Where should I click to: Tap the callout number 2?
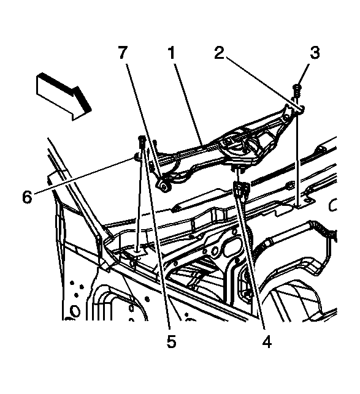point(218,53)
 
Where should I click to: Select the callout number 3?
point(315,53)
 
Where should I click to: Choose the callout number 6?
point(27,197)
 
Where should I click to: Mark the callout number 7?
point(123,53)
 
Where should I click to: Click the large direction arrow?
point(64,96)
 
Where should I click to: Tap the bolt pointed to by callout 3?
point(297,91)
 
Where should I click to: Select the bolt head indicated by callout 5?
point(142,138)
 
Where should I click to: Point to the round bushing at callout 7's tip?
point(164,186)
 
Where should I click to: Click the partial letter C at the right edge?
point(332,205)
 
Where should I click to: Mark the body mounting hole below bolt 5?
point(137,251)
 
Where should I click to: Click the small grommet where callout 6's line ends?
point(137,157)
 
